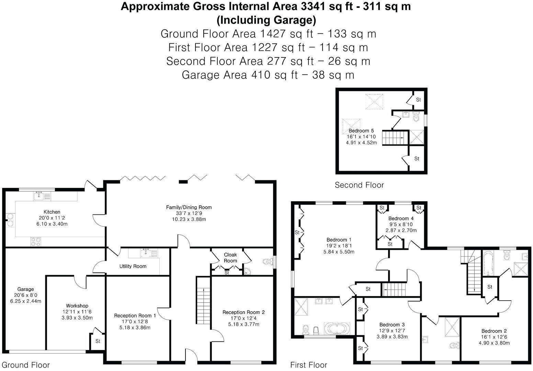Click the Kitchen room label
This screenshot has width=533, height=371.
point(52,212)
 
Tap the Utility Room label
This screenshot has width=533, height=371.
point(133,266)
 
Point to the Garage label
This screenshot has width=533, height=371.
point(26,289)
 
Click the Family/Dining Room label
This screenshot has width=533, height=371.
point(189,207)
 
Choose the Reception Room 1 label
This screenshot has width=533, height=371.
point(135,315)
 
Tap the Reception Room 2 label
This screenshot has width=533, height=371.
point(243,312)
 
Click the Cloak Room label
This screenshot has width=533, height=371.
point(230,258)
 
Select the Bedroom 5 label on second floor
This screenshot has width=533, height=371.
point(361,131)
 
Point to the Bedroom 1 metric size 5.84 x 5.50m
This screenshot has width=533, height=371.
point(339,251)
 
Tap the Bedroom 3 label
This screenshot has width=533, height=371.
point(392,325)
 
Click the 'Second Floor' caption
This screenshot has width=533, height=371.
point(359,185)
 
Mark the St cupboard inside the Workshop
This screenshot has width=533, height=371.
point(98,341)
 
